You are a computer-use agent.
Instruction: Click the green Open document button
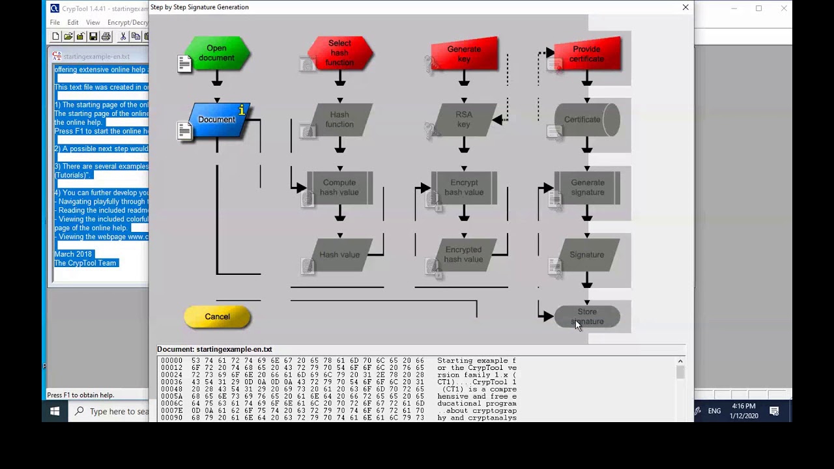pyautogui.click(x=216, y=53)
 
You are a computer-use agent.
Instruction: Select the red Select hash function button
pyautogui.click(x=339, y=53)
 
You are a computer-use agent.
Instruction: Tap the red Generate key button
pyautogui.click(x=464, y=54)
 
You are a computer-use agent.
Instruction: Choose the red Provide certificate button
pyautogui.click(x=586, y=54)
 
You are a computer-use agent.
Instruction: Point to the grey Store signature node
pyautogui.click(x=587, y=317)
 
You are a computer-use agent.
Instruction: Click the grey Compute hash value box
pyautogui.click(x=339, y=188)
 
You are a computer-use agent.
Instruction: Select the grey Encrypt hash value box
pyautogui.click(x=464, y=188)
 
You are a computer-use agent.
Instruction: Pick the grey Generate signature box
pyautogui.click(x=587, y=188)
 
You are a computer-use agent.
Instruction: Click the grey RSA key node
pyautogui.click(x=464, y=120)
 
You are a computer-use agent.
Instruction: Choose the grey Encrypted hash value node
pyautogui.click(x=464, y=255)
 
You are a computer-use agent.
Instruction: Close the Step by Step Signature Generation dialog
pyautogui.click(x=685, y=7)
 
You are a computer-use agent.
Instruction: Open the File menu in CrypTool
pyautogui.click(x=55, y=22)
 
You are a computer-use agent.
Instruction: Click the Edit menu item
pyautogui.click(x=73, y=22)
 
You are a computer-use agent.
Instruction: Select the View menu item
pyautogui.click(x=93, y=22)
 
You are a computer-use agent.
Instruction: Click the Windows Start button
pyautogui.click(x=55, y=411)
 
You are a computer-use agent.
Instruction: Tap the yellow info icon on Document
pyautogui.click(x=242, y=111)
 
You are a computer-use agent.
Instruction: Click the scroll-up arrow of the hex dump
pyautogui.click(x=680, y=362)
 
